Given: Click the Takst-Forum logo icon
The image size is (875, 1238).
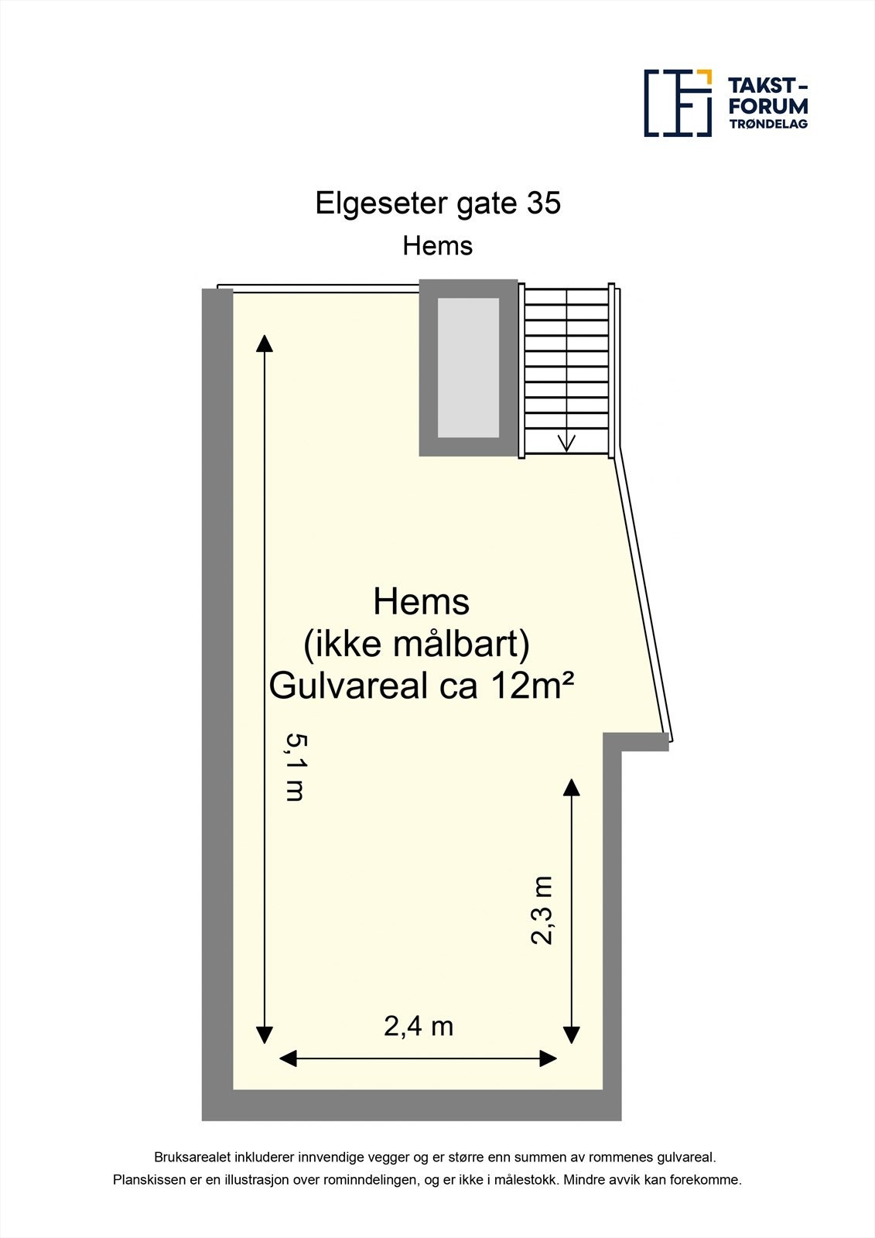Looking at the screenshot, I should pos(678,103).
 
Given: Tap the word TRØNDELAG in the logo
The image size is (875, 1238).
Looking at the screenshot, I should pos(767,124).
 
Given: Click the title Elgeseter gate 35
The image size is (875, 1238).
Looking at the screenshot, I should pos(438,203).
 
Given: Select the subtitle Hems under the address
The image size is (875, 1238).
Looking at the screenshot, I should pos(437,246).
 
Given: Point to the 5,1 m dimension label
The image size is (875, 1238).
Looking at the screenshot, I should pos(296,767).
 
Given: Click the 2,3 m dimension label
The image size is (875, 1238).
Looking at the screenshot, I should pos(542,910).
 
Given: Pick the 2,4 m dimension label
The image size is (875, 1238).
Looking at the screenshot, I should pos(419,1026).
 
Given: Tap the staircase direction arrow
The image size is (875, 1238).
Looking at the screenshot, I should pos(566,443).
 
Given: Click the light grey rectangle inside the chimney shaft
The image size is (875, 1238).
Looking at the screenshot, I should pos(468,368).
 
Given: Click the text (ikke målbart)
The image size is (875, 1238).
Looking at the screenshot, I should pos(416,644).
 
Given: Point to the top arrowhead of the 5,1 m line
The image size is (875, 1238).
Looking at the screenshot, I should pos(265,343).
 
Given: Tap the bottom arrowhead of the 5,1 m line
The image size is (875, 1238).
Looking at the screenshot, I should pos(265,1035).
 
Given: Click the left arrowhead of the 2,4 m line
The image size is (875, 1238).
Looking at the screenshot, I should pos(288,1058).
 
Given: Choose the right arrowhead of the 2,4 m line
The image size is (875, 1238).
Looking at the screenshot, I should pos(549,1058).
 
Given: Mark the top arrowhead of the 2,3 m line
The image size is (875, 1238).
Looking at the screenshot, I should pos(571,788).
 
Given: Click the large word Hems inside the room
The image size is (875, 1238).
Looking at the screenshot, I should pos(421,602).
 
